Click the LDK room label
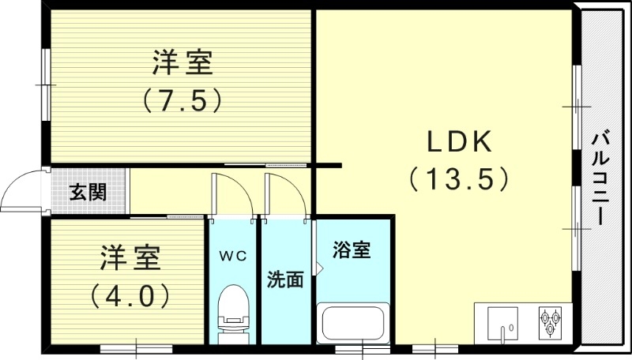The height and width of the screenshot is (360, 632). (x=460, y=142)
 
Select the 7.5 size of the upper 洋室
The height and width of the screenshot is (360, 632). (x=181, y=99)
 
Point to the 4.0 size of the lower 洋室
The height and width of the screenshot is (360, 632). (x=130, y=296)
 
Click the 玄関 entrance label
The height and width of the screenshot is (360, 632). (x=87, y=193)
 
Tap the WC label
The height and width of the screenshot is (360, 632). (x=233, y=256)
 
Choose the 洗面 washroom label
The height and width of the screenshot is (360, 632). (x=285, y=279)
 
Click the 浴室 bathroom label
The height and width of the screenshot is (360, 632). (x=352, y=251)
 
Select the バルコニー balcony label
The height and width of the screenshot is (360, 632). (x=600, y=178)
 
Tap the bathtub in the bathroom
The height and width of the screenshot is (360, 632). (x=353, y=324)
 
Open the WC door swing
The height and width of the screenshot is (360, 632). (x=234, y=193)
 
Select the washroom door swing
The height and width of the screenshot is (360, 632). (x=286, y=193)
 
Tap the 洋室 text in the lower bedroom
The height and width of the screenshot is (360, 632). (x=130, y=257)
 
